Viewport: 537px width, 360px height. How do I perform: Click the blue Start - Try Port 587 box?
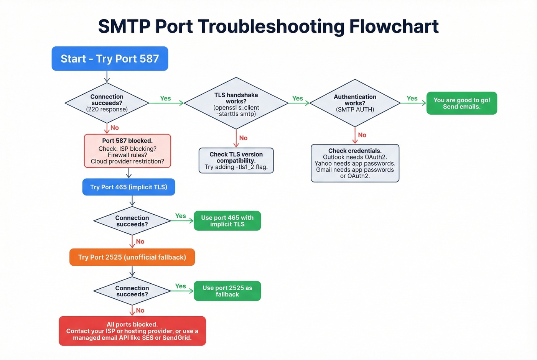coord(110,59)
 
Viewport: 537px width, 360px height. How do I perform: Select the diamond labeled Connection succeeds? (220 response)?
coord(107,103)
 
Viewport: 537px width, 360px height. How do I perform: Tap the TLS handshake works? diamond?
coord(236,104)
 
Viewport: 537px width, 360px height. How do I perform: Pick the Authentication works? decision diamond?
coord(355,103)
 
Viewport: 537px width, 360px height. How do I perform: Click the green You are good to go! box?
coord(461,103)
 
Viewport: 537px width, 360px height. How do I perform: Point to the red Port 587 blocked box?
coord(127,151)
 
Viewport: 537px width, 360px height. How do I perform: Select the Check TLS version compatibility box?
coord(236,160)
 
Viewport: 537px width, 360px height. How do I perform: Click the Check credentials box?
coord(355,163)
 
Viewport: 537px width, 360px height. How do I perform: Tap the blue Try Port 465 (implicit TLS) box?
coord(128,187)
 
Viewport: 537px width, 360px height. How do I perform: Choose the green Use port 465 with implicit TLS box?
coord(227,221)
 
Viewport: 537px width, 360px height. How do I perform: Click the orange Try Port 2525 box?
coord(132,257)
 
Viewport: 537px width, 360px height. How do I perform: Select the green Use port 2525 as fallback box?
coord(227,291)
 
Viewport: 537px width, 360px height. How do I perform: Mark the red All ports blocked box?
coord(132,331)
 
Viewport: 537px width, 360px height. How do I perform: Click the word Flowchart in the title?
coord(394,26)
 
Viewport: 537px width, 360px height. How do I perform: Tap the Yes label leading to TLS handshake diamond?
coord(165,99)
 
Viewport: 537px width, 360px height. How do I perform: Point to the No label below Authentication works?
coord(362,135)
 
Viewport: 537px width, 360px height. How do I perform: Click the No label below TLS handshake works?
coord(243,138)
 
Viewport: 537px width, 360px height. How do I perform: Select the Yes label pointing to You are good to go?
coord(412,99)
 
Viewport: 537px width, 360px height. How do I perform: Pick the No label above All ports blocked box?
coord(140,311)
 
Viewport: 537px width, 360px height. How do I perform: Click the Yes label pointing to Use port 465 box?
coord(180,216)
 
